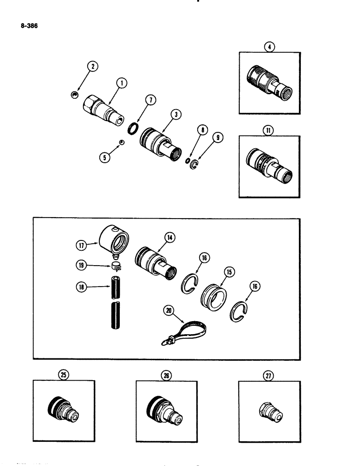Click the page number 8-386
click(x=29, y=27)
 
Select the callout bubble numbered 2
click(x=93, y=67)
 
